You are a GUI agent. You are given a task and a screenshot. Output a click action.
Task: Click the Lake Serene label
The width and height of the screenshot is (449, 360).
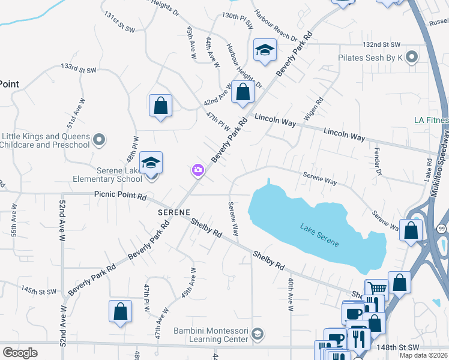point(319,235)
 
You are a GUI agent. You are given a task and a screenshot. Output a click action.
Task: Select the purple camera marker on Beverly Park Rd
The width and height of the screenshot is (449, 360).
point(197,172)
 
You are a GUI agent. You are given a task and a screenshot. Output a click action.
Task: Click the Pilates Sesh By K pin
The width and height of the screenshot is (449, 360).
point(411,58)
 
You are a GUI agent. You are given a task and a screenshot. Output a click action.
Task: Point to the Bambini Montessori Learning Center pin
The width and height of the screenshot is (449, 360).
point(258,334)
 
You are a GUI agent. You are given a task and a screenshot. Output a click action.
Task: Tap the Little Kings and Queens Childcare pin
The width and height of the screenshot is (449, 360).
point(100,140)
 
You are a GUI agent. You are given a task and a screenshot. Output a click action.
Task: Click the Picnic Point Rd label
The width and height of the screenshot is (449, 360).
point(120,196)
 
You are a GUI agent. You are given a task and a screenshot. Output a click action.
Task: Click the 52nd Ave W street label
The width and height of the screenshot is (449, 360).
point(62,221)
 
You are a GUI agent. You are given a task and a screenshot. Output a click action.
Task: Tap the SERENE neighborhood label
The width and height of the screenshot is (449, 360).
point(174,212)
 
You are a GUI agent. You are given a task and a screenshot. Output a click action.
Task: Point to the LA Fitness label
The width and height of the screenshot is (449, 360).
point(431,120)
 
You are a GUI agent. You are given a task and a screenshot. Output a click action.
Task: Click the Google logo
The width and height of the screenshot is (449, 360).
point(20,352)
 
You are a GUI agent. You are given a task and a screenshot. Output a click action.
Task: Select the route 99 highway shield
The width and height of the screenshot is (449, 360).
point(441,229)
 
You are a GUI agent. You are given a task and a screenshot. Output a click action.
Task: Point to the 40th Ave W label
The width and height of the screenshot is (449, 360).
point(290,293)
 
